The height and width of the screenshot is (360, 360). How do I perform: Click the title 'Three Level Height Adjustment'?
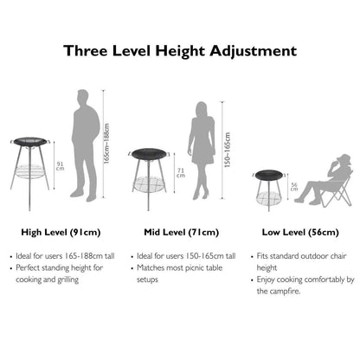[x=180, y=51]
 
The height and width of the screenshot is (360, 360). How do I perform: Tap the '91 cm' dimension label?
[x=60, y=166]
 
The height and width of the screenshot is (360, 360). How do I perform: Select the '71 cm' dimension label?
[x=181, y=173]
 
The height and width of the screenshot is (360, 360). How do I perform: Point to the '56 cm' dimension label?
[x=294, y=187]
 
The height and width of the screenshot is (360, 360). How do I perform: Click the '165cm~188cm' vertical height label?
[x=106, y=144]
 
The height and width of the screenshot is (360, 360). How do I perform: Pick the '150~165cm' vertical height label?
[x=228, y=150]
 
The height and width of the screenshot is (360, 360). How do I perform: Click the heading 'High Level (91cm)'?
[x=61, y=232]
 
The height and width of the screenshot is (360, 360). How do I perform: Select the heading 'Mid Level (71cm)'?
[x=182, y=232]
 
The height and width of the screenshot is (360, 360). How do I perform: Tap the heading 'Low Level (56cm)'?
[x=300, y=232]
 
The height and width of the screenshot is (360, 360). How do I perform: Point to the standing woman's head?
[x=202, y=109]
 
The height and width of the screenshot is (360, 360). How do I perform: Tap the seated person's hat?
[x=344, y=158]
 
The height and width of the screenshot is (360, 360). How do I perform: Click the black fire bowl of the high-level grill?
[x=30, y=141]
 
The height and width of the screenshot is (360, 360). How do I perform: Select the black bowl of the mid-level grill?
[x=149, y=153]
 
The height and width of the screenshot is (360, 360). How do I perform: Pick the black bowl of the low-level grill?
[x=269, y=174]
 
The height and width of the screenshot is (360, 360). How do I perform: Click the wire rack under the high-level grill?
[x=29, y=171]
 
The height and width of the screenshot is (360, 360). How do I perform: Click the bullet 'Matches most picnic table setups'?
[x=179, y=273]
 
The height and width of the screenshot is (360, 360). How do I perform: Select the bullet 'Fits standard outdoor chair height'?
[x=301, y=261]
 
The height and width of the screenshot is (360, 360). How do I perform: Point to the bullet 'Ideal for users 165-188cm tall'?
[x=65, y=256]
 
